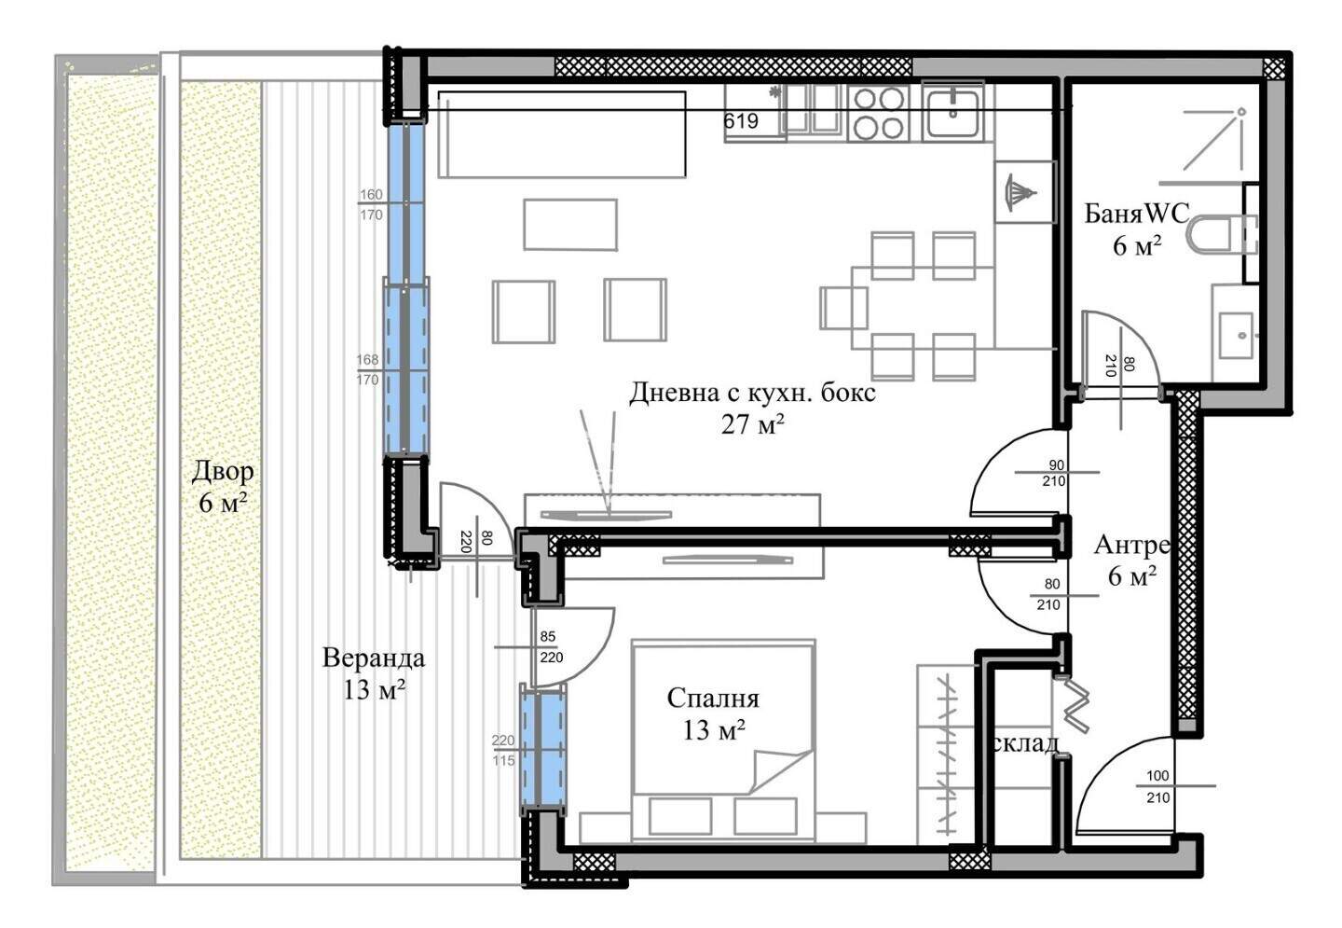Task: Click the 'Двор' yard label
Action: pos(222,472)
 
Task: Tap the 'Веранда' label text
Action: pos(374,658)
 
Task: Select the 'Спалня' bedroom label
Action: pos(713,699)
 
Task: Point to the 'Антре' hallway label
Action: pos(1131,545)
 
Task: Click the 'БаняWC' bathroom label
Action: pos(1137,214)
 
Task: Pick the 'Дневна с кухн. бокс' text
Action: pos(752,394)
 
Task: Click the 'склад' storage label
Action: pos(1025,744)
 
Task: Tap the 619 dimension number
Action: pos(741,121)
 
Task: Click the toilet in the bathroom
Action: pos(1222,233)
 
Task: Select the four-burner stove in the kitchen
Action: pos(879,113)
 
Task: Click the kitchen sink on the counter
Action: pos(952,112)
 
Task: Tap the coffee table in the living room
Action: pos(570,224)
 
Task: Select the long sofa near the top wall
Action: pos(562,134)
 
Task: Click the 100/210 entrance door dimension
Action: pos(1158,786)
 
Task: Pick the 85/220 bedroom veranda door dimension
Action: pos(551,647)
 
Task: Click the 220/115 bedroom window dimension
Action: pos(503,751)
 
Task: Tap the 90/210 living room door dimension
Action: pos(1054,473)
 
